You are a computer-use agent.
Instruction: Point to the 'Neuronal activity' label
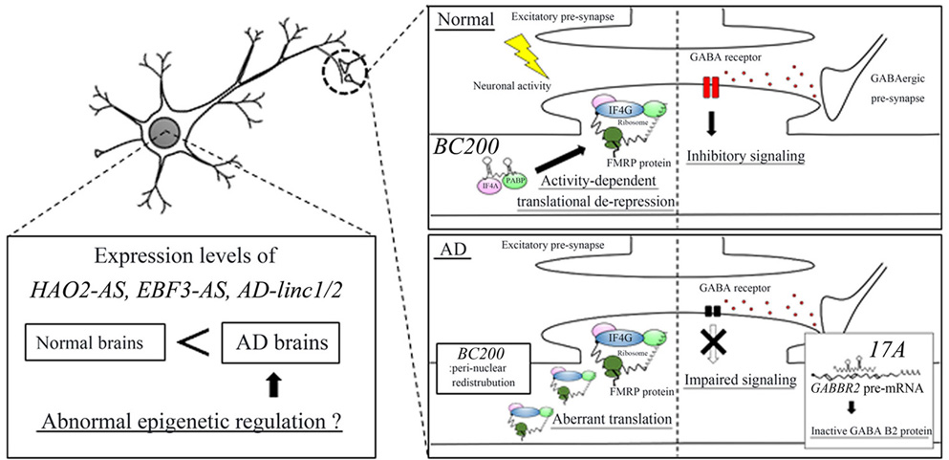point(472,82)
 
